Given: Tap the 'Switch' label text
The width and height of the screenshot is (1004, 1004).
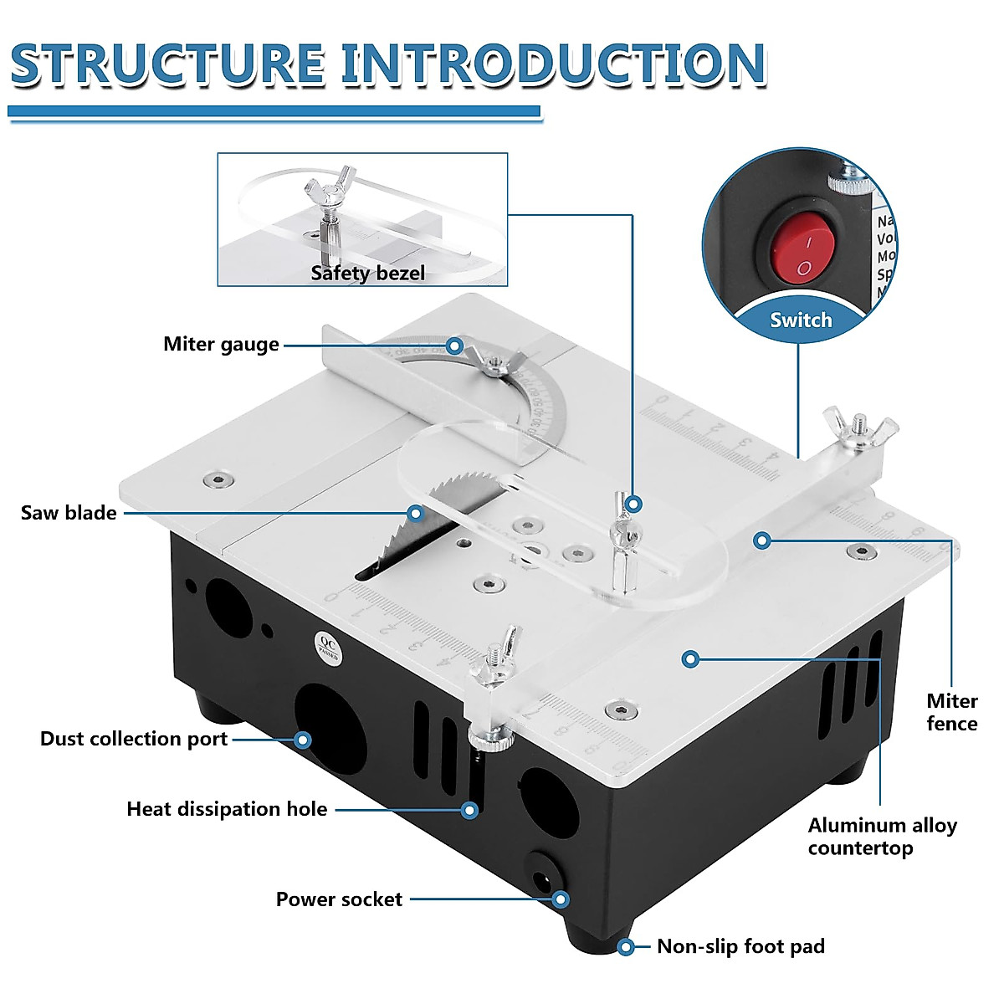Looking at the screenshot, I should coord(801,320).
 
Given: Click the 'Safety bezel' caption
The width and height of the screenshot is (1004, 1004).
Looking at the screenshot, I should coord(367,274).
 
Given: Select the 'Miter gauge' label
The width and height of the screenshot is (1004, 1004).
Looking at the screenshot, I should coord(221,345).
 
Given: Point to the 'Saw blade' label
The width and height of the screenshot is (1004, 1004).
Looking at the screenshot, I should coord(69,513).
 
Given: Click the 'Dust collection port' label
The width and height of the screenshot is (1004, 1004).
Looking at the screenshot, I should coord(134,739).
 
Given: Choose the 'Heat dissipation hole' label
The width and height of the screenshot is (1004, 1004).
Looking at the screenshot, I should coord(227,809).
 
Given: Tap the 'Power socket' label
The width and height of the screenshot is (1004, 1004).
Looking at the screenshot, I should coord(339,899).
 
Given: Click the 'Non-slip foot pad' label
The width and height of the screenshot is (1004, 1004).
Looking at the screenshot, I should coord(740,946).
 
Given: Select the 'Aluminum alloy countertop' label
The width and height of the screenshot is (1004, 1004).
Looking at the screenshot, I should coord(882,837).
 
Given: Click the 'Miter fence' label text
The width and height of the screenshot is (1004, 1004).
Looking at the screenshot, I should coord(952,712).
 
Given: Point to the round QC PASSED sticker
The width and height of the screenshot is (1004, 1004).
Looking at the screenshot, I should coord(328,647).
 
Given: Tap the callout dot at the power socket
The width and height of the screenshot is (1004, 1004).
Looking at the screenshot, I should coord(561,899).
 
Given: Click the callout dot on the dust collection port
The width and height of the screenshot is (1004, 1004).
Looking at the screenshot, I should coord(303,740).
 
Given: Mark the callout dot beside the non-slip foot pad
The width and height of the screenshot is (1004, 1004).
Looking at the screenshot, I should coord(625,946).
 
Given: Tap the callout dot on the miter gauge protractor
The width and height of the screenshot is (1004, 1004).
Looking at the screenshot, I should coord(454,345).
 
